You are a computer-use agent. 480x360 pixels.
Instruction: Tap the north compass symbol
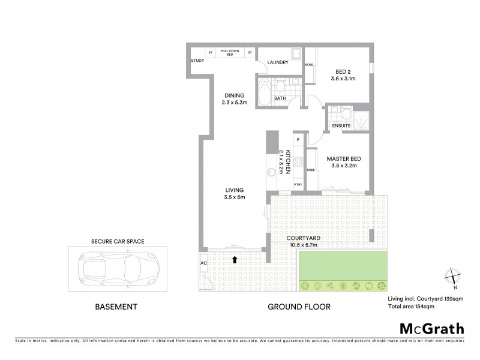tap(453, 276)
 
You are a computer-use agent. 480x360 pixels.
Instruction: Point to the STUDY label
tap(197, 61)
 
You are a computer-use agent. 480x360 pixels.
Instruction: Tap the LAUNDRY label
tap(270, 61)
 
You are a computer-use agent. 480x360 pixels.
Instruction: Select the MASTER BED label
tap(342, 159)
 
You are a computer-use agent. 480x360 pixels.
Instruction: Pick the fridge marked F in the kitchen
tap(298, 140)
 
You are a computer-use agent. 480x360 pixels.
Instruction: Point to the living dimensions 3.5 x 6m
tap(235, 197)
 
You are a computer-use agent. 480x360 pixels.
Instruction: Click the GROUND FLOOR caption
tap(299, 307)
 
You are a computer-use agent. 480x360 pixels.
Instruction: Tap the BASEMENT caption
tap(117, 307)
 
